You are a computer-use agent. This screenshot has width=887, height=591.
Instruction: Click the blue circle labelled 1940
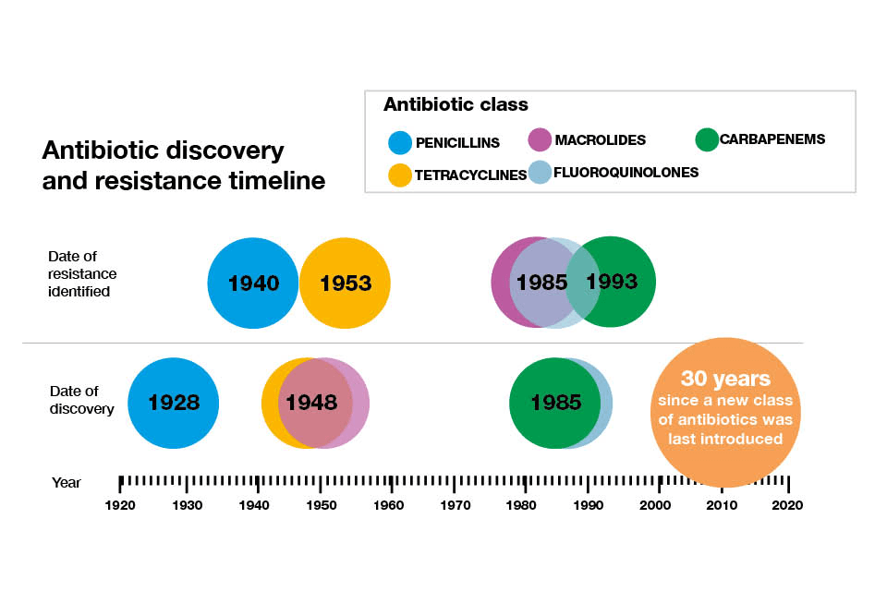tap(252, 283)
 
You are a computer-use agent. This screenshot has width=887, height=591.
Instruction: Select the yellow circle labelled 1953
tap(345, 283)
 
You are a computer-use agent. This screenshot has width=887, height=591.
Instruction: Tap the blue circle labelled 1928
tap(174, 403)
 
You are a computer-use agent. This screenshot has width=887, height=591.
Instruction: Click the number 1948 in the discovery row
tap(311, 403)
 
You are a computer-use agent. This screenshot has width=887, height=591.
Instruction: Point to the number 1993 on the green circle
tap(612, 281)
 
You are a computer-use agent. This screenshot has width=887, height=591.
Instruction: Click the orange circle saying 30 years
tap(725, 411)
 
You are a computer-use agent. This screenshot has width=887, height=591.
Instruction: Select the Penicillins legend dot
tap(399, 143)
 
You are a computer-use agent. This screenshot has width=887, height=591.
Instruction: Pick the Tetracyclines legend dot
tap(399, 175)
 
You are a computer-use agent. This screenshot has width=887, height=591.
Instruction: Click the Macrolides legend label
tap(600, 140)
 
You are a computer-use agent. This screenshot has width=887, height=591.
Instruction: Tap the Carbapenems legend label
tap(772, 139)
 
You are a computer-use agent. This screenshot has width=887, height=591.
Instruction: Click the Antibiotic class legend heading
tap(456, 105)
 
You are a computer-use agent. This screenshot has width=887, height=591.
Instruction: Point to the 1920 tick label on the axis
tap(119, 505)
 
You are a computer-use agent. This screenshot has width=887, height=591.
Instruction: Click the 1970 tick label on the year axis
tap(455, 505)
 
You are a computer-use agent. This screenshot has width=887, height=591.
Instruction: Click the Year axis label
tap(66, 482)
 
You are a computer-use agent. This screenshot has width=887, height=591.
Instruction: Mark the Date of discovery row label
tap(81, 400)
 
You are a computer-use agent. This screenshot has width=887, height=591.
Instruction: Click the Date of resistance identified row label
tap(83, 273)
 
